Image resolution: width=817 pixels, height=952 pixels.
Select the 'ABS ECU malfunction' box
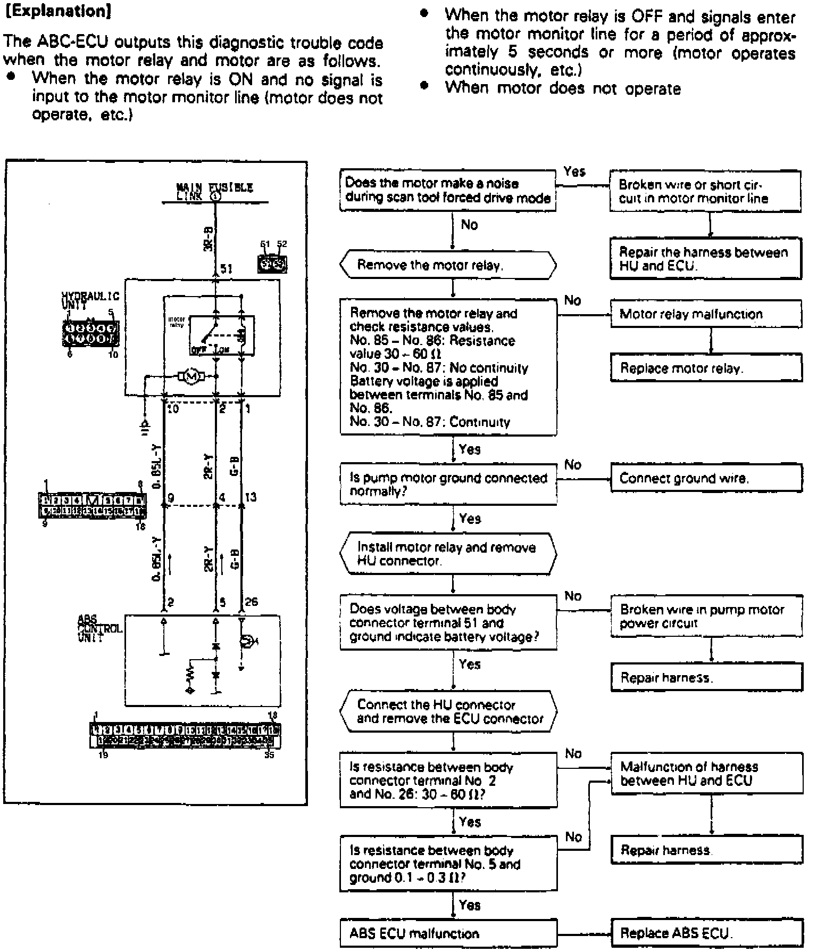coord(448,933)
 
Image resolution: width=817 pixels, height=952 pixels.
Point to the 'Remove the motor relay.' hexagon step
coord(448,265)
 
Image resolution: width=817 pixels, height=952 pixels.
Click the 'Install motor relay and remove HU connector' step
coord(448,554)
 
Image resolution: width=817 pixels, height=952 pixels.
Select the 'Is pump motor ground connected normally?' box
coord(448,484)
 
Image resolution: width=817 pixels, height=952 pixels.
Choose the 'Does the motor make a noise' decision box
coord(448,190)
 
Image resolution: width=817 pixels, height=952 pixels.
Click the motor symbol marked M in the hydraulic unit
coord(193,377)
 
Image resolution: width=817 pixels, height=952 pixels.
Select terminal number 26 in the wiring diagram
coord(251,602)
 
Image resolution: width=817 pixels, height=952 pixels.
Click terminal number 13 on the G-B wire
coord(251,497)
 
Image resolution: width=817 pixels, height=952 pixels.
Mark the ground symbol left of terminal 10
coord(145,425)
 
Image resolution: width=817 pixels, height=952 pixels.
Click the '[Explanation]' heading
coord(57,12)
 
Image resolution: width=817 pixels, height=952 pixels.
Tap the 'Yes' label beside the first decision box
coord(574,171)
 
